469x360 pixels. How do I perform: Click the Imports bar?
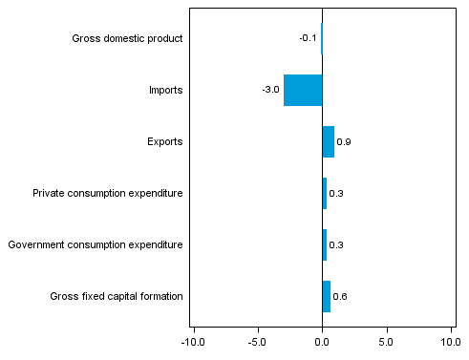[303, 90]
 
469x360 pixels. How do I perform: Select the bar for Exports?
[328, 141]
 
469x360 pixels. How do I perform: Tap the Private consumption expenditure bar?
[325, 193]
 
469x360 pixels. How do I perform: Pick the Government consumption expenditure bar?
[325, 244]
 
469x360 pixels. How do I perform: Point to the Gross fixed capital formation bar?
[327, 296]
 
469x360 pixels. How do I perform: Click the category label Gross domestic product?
[127, 39]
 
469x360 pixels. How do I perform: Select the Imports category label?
[165, 91]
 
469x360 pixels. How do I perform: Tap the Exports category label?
[165, 142]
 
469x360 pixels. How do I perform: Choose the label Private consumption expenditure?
[107, 194]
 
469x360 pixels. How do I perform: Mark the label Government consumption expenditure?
[95, 245]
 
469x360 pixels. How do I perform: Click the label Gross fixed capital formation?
[116, 297]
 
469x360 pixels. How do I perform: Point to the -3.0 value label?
[270, 91]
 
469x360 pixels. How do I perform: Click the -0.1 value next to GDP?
[308, 39]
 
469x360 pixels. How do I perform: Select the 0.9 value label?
[344, 142]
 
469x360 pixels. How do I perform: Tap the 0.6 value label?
[340, 297]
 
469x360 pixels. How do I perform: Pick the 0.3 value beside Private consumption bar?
[336, 194]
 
